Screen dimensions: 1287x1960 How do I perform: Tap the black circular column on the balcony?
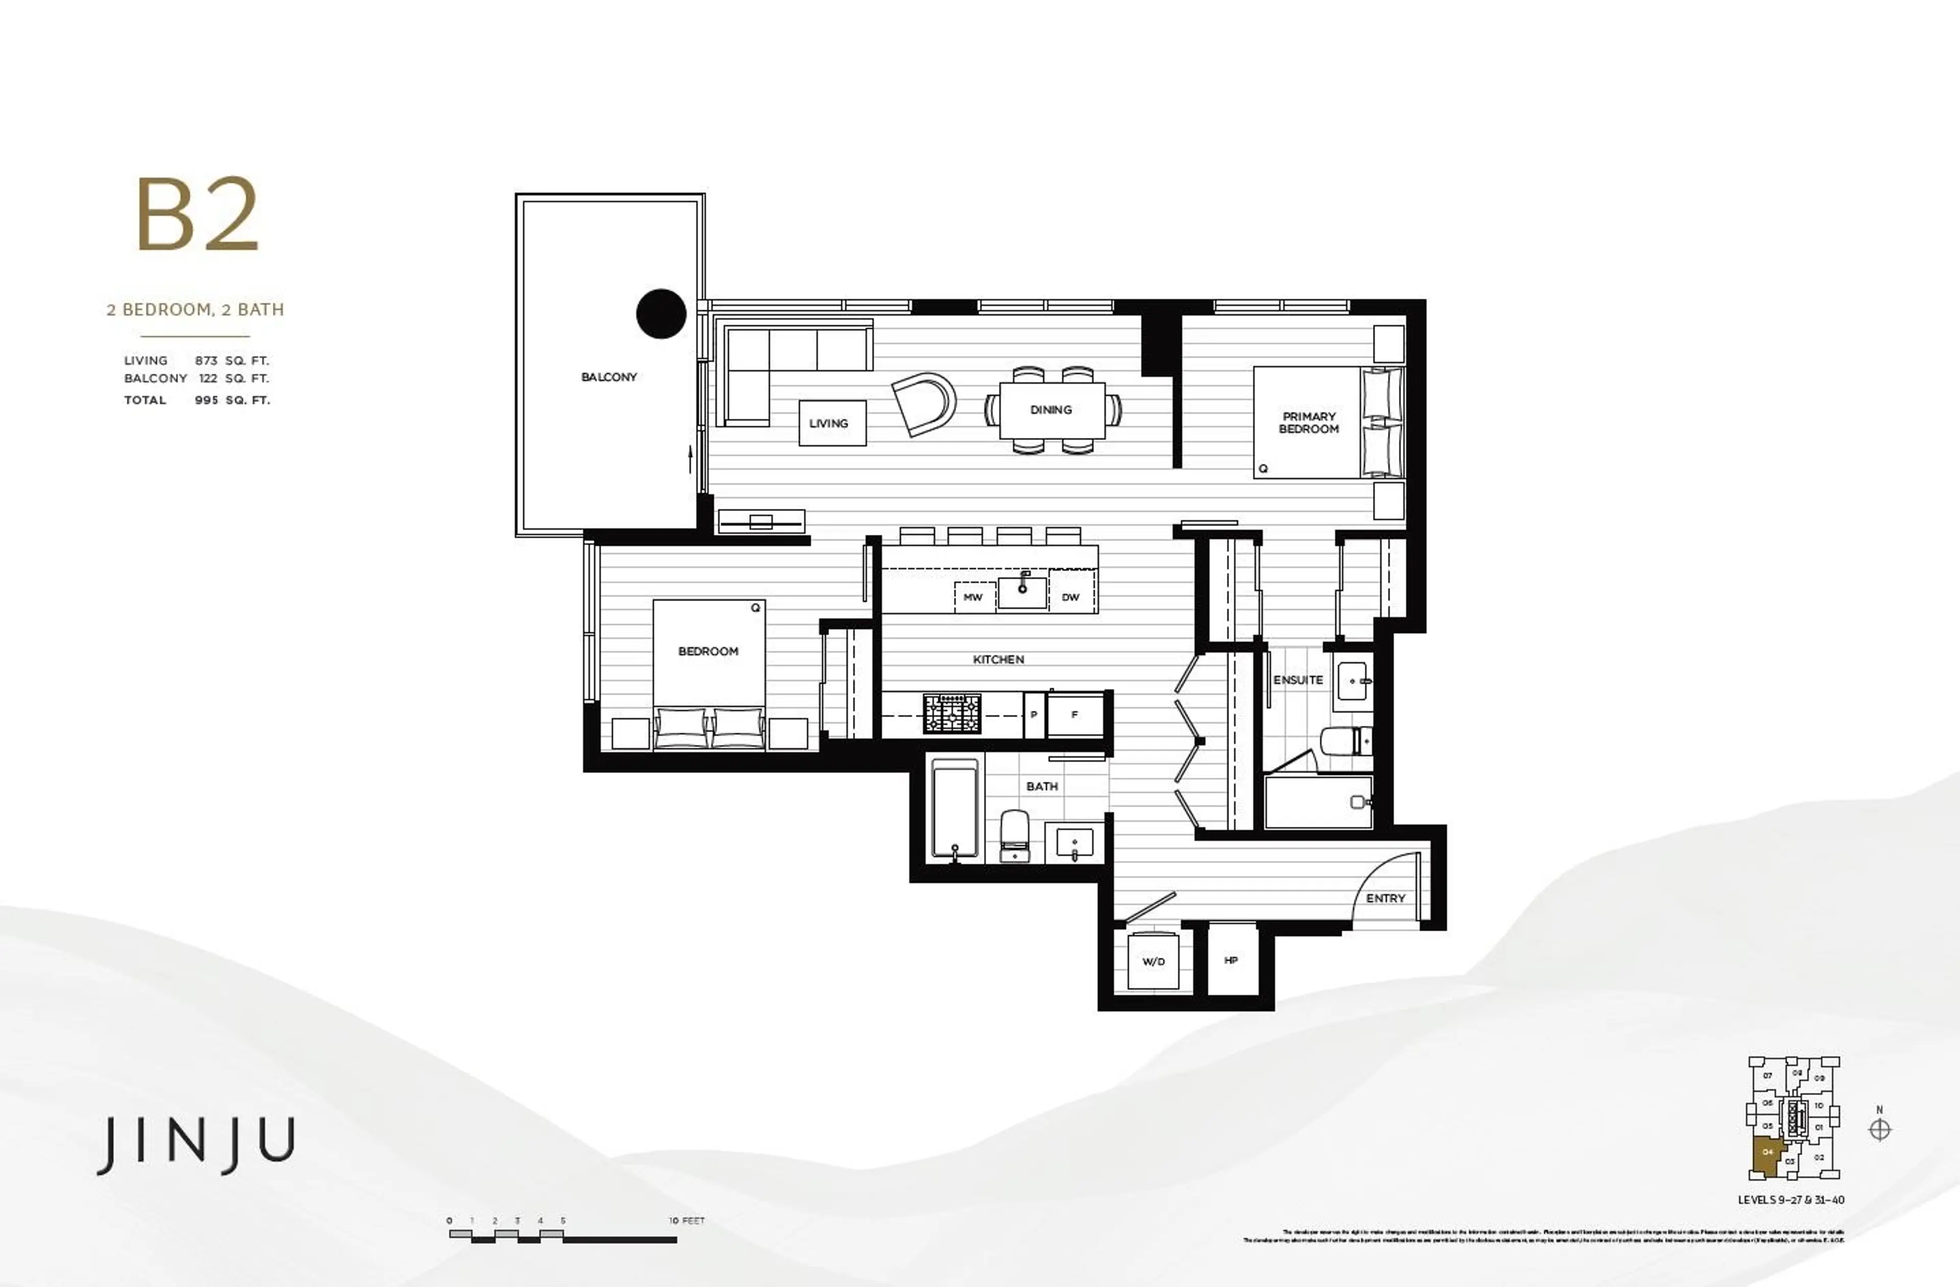661,314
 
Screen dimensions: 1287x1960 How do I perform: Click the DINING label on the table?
1051,409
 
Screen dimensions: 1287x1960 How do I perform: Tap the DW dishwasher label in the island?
1070,597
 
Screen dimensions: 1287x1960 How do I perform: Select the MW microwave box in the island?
973,597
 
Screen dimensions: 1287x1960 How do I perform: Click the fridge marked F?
1075,714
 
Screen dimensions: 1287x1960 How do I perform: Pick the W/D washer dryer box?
1153,961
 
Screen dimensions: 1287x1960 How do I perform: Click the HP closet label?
1231,960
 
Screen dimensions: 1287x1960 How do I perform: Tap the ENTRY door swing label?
1385,898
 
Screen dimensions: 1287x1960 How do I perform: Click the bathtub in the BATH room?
955,809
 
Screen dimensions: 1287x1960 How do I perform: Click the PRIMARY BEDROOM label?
1309,423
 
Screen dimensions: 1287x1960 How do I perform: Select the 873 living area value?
206,361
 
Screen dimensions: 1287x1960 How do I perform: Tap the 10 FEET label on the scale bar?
687,1220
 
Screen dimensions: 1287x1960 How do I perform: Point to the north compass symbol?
1879,1130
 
